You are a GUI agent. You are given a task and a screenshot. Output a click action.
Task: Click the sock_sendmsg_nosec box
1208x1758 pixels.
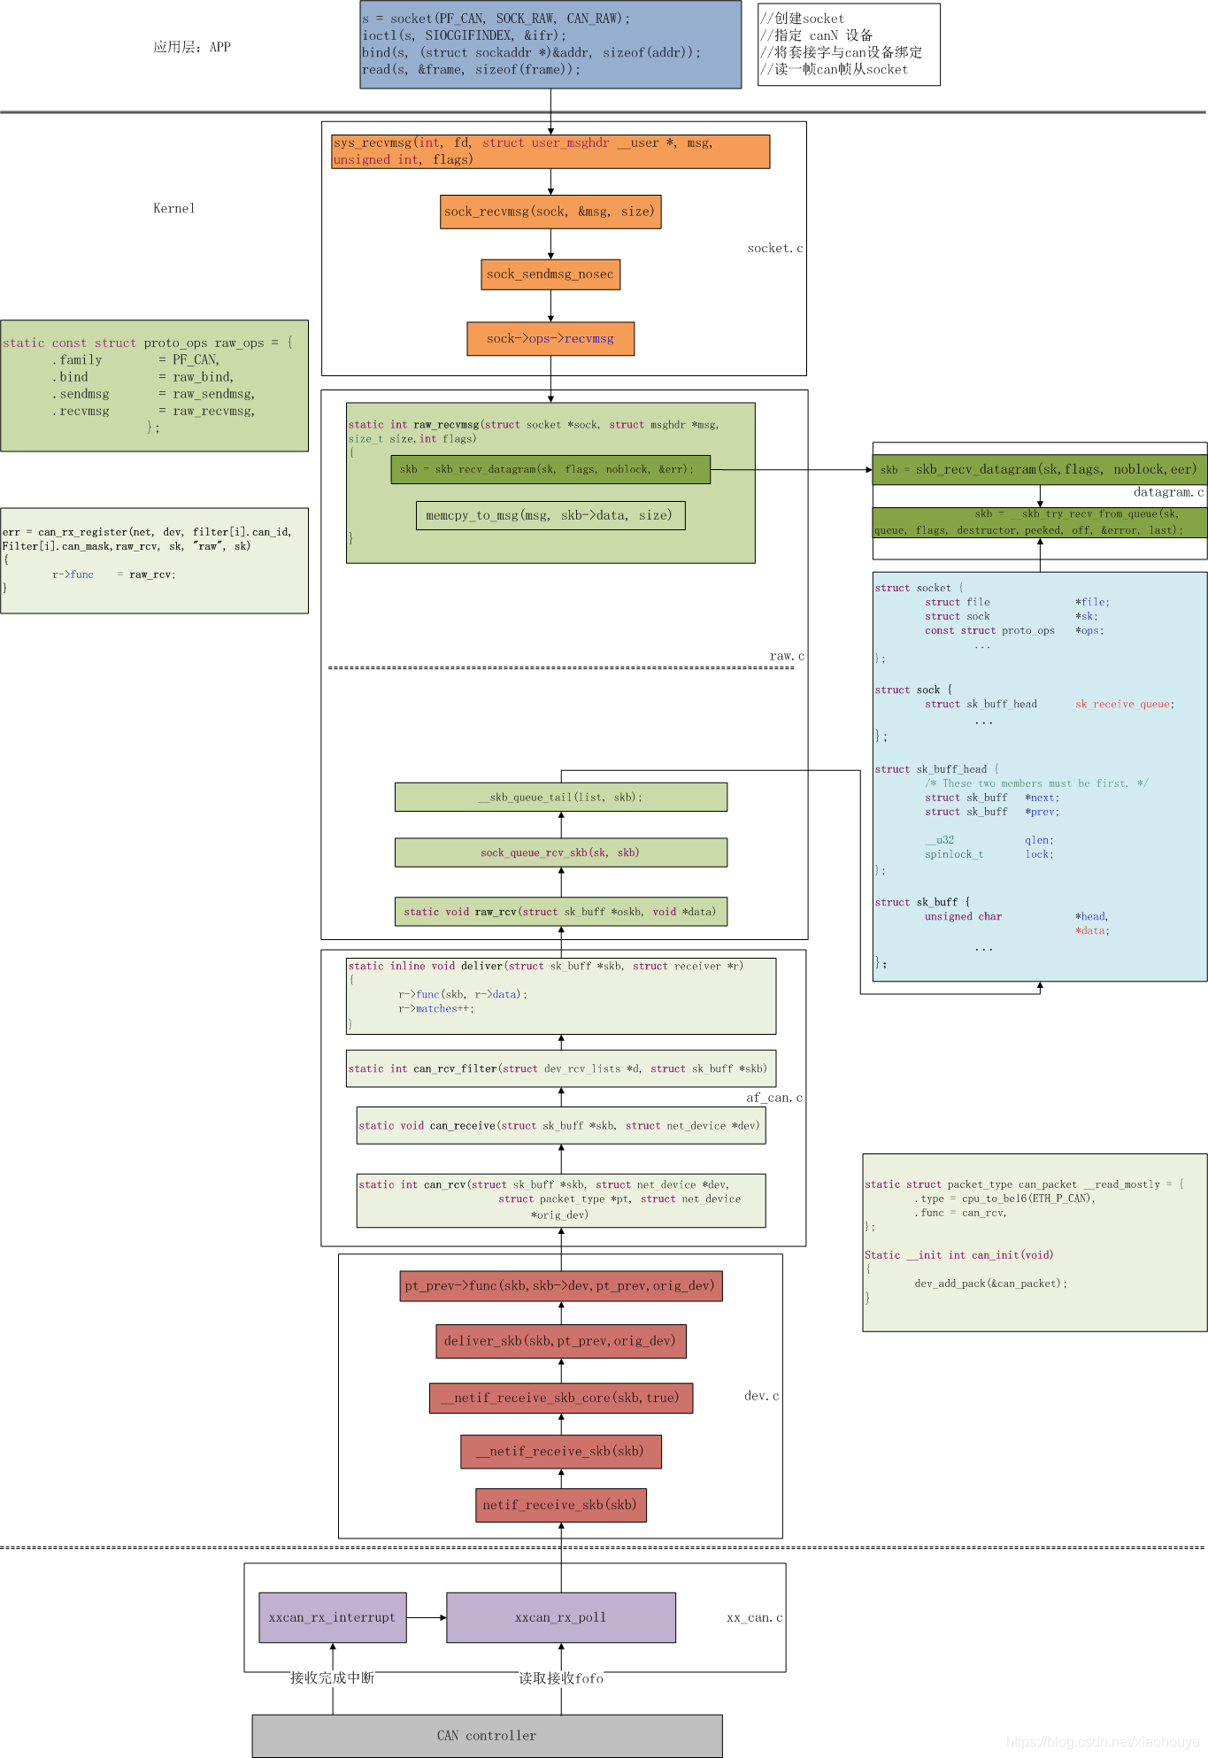[550, 274]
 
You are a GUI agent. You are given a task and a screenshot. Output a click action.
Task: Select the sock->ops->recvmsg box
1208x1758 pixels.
[550, 338]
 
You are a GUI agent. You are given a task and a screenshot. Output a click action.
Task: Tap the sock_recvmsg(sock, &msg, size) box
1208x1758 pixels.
[550, 212]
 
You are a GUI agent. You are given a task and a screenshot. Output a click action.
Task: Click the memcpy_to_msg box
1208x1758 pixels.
[550, 515]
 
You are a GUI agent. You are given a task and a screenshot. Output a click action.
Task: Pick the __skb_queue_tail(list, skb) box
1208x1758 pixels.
[560, 797]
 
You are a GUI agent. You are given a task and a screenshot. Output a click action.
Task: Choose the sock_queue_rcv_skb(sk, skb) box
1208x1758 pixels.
[560, 852]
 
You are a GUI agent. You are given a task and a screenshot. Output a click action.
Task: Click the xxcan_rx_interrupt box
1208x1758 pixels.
[332, 1617]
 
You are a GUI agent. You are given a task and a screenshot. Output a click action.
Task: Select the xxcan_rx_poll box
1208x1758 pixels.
[560, 1617]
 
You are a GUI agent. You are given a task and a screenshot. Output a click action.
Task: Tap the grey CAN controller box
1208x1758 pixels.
[487, 1735]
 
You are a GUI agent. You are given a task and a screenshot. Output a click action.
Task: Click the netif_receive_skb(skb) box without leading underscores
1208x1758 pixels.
[560, 1505]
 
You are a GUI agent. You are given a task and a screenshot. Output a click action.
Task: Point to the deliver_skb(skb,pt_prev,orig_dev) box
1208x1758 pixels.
[560, 1341]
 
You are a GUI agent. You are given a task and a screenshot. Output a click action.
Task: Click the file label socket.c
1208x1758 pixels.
[774, 249]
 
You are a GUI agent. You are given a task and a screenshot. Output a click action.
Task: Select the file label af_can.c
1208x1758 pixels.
[773, 1098]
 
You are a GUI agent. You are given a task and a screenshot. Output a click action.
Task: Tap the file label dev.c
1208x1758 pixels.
[761, 1396]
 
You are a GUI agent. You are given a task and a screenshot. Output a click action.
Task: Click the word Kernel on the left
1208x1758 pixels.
[173, 209]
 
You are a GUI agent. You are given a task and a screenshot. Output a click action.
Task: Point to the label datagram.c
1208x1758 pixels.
[1168, 492]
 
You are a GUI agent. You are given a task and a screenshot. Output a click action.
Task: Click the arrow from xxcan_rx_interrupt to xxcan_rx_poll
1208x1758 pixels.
[427, 1617]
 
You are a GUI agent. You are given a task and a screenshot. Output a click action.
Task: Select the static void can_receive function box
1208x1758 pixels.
[560, 1126]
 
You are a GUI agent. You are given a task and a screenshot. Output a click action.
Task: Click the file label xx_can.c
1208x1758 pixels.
[754, 1618]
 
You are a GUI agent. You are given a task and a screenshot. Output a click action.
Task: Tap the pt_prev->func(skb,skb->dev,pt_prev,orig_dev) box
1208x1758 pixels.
[560, 1285]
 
